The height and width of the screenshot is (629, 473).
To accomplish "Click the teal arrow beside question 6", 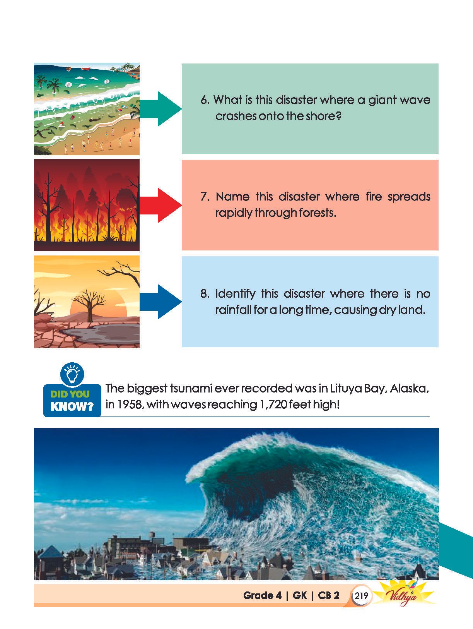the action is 161,109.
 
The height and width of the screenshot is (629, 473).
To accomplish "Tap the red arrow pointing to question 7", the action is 161,205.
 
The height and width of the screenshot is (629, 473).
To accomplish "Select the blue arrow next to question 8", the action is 161,302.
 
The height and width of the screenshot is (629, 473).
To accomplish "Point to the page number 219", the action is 361,595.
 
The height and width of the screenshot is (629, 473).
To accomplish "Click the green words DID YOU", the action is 70,394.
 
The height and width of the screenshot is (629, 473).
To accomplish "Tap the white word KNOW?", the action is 72,406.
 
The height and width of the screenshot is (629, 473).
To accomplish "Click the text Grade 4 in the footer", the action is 262,595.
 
